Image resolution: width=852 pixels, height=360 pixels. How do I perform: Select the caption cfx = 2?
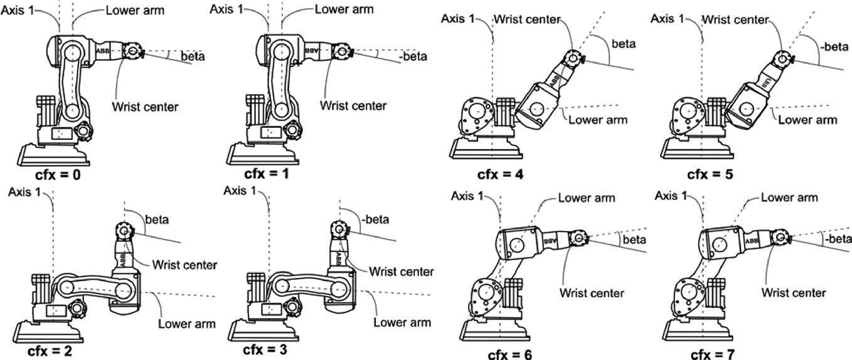[x=50, y=351]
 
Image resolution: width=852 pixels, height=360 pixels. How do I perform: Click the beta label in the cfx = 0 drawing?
[x=193, y=56]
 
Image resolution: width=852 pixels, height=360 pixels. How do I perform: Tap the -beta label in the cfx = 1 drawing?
[x=413, y=56]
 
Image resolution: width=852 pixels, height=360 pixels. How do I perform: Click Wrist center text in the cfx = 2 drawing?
[x=184, y=265]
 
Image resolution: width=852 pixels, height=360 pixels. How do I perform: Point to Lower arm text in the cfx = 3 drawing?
[x=402, y=322]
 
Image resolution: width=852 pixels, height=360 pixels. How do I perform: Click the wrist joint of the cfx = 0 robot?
[x=132, y=51]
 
